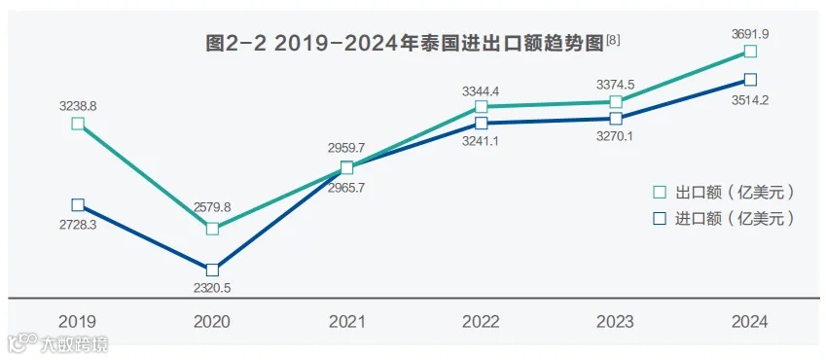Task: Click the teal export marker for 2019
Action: (78, 124)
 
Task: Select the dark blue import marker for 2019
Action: (78, 204)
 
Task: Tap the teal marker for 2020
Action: (212, 229)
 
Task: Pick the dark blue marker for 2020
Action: (212, 270)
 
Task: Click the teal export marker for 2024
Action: (749, 51)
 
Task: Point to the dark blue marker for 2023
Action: (615, 119)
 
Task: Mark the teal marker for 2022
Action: (481, 106)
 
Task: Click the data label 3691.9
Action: (749, 34)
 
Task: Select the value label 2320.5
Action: (212, 287)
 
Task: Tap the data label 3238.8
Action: (78, 103)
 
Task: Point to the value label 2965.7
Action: (346, 188)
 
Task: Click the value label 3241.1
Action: (481, 140)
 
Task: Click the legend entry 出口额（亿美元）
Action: (725, 192)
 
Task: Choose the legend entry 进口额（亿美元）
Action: (725, 219)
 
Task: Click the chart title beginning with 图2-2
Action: (413, 43)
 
